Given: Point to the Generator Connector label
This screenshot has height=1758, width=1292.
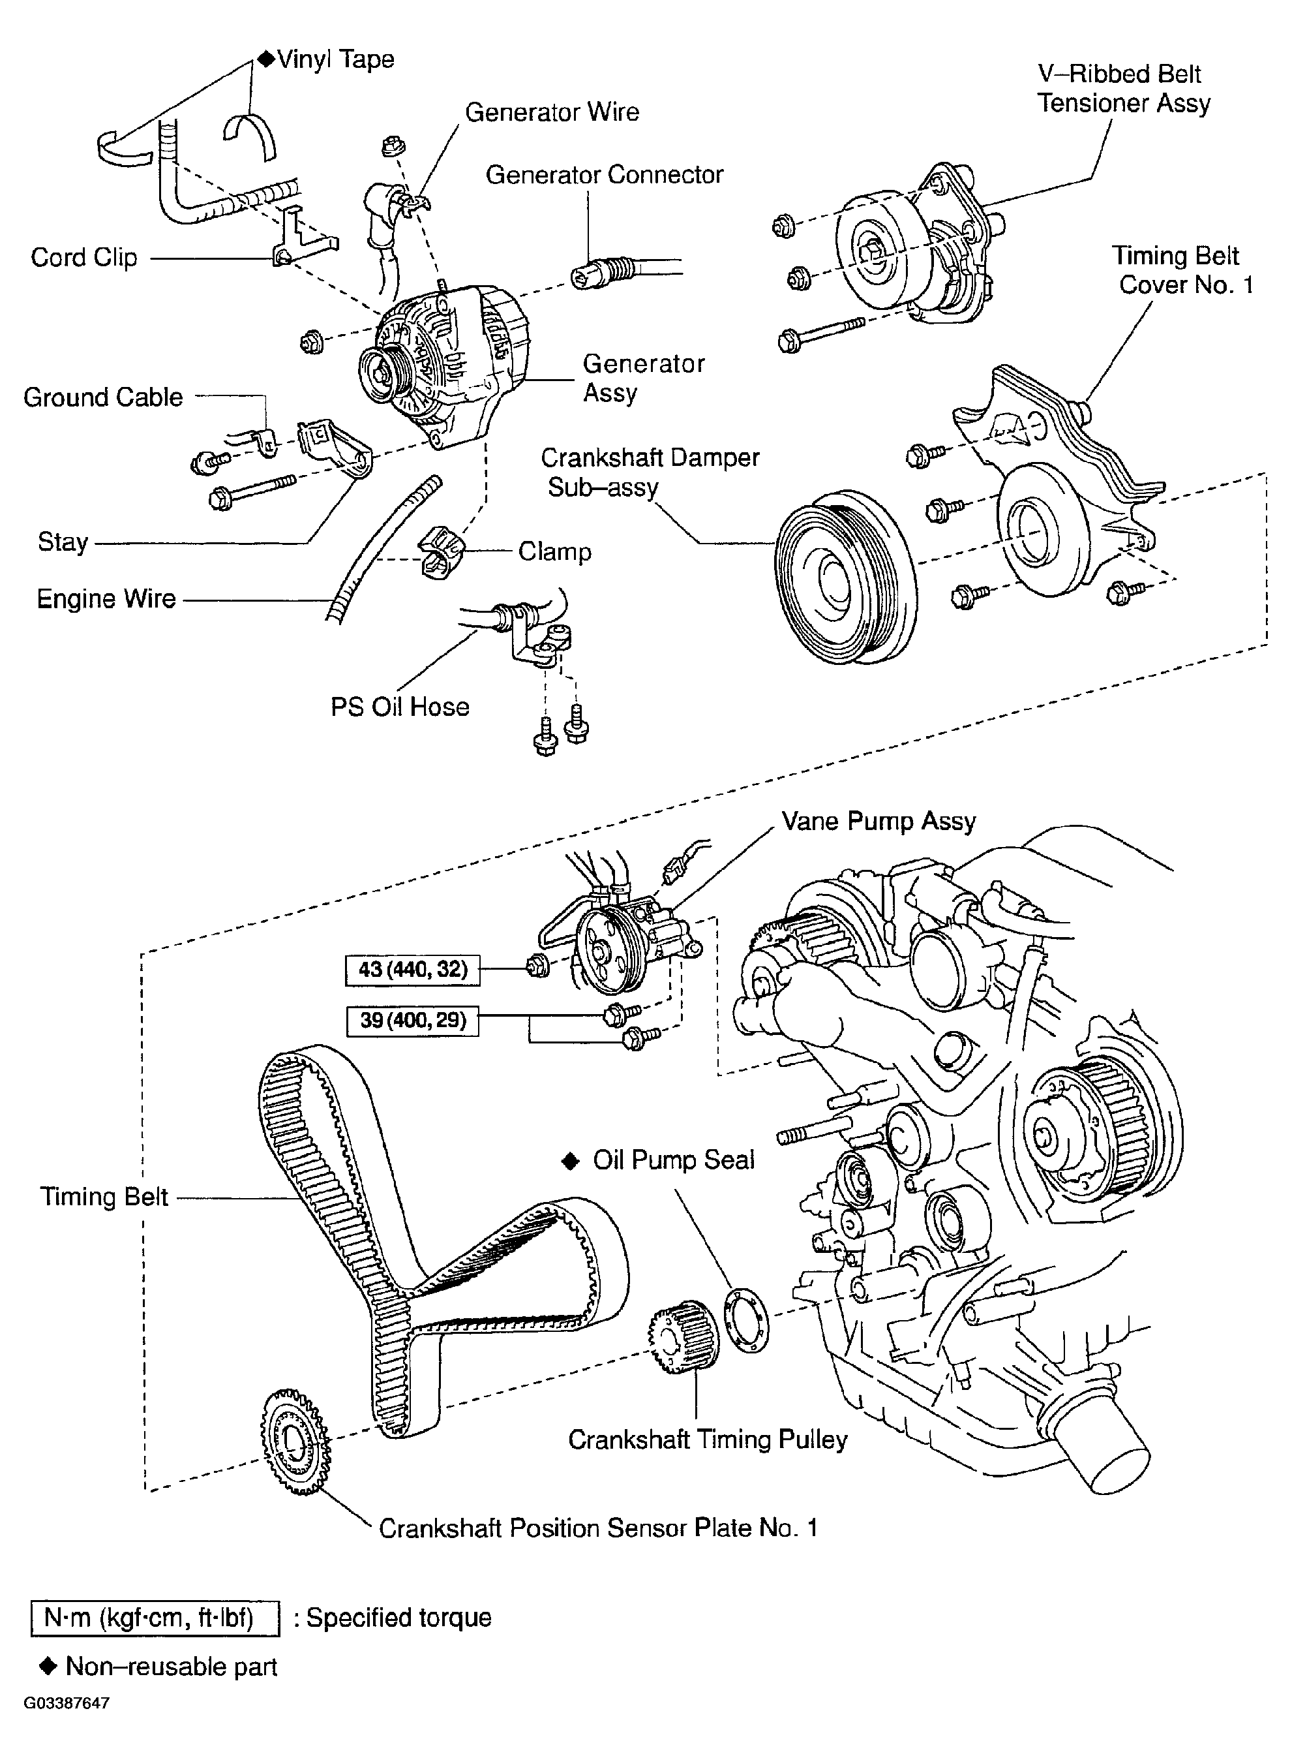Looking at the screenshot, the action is click(x=605, y=174).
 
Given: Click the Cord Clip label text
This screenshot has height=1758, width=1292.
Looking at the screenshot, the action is click(x=83, y=257).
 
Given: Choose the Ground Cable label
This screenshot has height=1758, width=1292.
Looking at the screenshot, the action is click(x=103, y=397).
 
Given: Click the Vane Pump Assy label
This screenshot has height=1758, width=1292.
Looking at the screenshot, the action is click(x=879, y=822).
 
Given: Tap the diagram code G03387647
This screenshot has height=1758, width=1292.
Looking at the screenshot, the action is click(x=67, y=1703).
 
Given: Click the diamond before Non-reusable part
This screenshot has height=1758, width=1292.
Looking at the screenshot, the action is click(x=48, y=1667).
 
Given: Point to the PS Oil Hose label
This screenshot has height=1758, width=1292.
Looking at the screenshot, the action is click(x=400, y=707).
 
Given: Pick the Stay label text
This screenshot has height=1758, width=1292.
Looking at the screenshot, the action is click(x=63, y=542).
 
